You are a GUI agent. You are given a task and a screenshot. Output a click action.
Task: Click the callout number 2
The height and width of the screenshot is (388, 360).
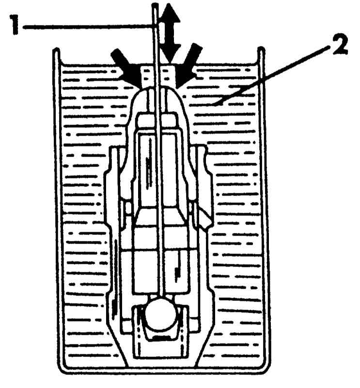point(340,46)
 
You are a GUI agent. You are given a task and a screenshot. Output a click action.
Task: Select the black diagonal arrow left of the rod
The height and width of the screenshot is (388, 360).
point(126,67)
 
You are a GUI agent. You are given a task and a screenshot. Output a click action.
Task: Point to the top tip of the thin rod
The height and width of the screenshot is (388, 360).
point(155,4)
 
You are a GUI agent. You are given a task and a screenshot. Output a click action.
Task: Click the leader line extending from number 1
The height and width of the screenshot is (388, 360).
point(87,26)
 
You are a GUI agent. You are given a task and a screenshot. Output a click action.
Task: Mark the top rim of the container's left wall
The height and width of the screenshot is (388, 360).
point(57,49)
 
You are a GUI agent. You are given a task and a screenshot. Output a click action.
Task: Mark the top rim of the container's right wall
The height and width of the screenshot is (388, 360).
point(261,48)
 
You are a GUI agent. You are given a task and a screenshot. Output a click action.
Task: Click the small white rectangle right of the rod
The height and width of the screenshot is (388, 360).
point(168,75)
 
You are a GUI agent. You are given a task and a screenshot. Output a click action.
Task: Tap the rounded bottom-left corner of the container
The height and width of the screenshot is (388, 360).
point(62,367)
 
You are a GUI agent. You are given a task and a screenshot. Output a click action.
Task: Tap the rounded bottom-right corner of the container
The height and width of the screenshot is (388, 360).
point(266,367)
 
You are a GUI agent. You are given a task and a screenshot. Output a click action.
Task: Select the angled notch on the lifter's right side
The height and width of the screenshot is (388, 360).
point(205,215)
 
